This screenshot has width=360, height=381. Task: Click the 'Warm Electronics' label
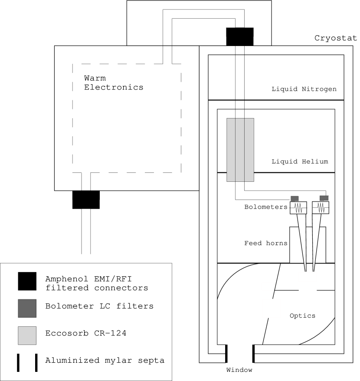pos(113,83)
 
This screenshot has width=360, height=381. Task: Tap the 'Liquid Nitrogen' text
pos(304,89)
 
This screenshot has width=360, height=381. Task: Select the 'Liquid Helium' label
pos(300,161)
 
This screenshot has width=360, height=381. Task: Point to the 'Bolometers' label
pos(265,207)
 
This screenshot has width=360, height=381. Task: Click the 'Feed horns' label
pos(265,243)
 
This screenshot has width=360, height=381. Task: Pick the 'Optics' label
pos(302,315)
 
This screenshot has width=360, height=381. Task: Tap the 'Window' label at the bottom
pos(239,370)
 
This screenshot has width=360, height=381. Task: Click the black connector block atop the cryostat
pos(240,36)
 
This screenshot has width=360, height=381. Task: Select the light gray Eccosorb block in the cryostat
pos(240,150)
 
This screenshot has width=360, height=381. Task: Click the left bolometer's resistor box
pos(298,208)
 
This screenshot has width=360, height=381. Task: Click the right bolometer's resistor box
pos(321,208)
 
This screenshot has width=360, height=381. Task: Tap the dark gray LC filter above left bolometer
pos(295,199)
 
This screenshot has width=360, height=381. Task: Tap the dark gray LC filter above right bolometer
pos(324,198)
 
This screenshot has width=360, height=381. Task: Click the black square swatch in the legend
pos(27,281)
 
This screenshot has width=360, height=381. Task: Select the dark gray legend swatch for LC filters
pos(27,308)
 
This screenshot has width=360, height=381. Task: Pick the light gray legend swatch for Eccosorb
pos(27,335)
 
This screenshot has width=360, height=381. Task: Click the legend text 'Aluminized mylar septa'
pos(105,360)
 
